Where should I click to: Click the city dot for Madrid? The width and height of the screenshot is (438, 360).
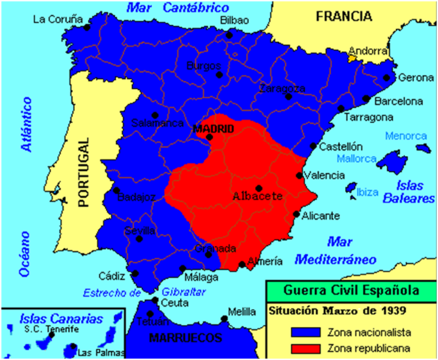click(x=209, y=137)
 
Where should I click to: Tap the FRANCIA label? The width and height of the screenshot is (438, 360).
click(x=344, y=16)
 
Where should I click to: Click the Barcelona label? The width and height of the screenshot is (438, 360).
click(x=399, y=100)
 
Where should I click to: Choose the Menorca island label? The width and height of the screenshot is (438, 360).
click(x=409, y=136)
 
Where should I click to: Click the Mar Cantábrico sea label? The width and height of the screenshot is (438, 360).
click(x=166, y=7)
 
